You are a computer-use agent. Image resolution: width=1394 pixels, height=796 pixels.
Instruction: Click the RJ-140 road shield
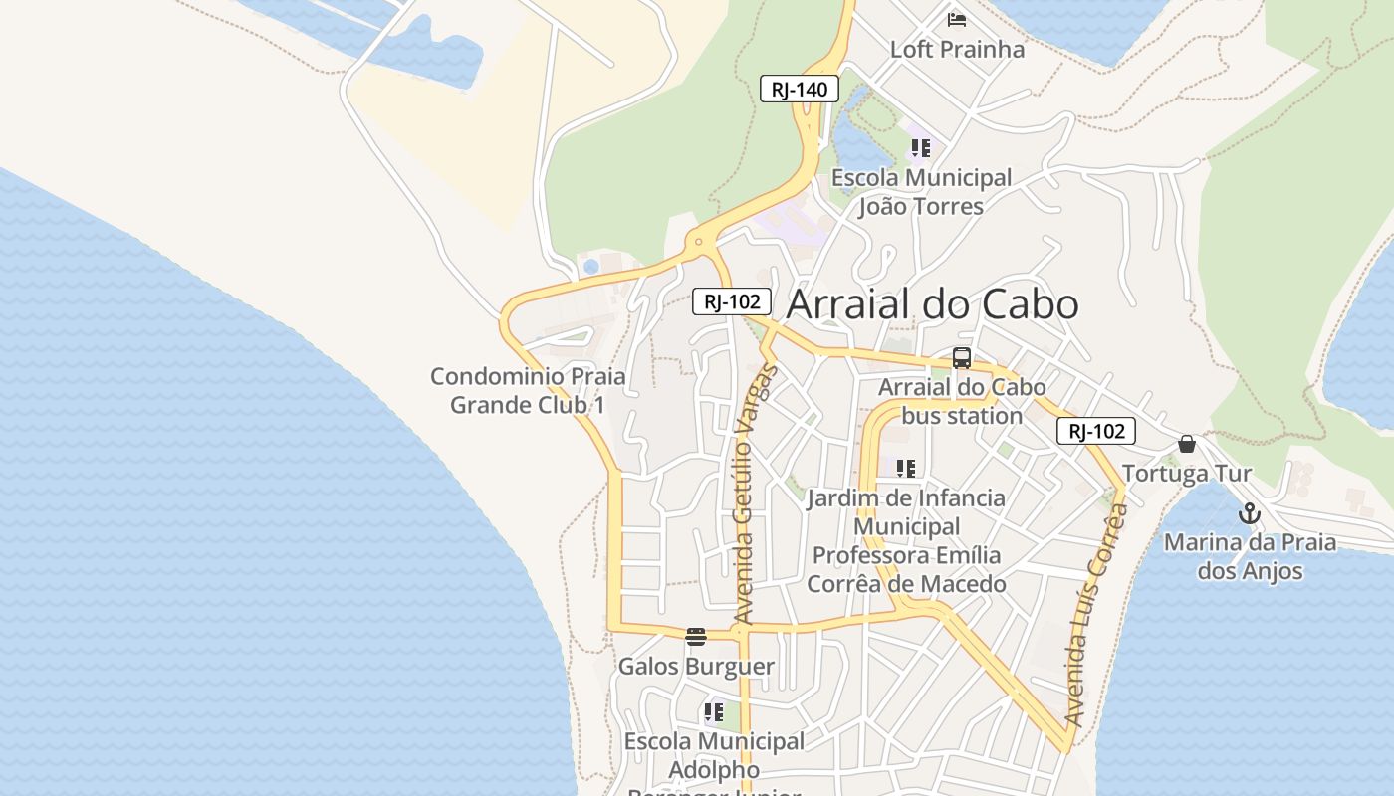(800, 89)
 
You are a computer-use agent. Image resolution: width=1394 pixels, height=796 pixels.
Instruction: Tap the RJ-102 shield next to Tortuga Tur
(1096, 431)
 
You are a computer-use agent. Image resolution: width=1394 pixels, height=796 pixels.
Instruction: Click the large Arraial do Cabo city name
(932, 304)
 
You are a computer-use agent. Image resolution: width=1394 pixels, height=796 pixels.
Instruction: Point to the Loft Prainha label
(957, 49)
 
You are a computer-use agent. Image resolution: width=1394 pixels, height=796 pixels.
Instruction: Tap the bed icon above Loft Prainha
(957, 19)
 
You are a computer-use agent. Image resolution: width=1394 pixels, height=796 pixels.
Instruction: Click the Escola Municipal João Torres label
(921, 192)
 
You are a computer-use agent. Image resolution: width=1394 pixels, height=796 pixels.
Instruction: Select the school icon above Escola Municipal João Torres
(921, 148)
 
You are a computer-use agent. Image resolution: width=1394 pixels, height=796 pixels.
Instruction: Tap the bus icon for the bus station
(962, 358)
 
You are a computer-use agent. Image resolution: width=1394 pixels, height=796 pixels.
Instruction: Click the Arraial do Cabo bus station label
(962, 401)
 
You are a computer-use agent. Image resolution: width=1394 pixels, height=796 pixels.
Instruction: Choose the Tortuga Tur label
(1187, 473)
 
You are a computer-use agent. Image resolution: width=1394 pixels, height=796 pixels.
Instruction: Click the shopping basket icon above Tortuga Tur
(1187, 444)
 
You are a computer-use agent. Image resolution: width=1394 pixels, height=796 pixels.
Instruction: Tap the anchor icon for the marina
(1250, 514)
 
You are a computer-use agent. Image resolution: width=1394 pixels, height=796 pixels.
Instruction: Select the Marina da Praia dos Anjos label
(1250, 556)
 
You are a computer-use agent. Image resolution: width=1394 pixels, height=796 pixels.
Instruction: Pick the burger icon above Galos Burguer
(696, 637)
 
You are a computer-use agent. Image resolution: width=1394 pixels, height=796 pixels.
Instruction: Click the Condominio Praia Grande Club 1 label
(528, 390)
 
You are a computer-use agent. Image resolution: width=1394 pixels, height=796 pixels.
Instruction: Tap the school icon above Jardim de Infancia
(905, 468)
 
